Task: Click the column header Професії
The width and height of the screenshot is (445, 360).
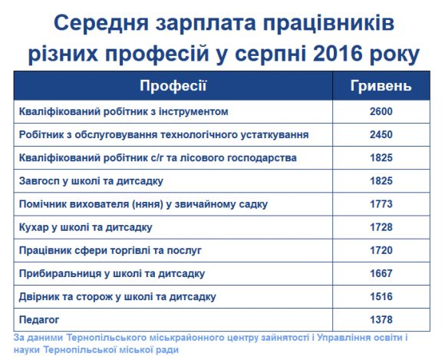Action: click(x=173, y=85)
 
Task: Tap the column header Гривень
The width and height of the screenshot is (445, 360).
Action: click(x=381, y=85)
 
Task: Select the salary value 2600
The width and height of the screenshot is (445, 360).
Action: click(x=381, y=111)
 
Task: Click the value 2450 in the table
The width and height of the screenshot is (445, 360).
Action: click(x=381, y=134)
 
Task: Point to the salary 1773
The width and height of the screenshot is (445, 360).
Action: click(x=381, y=204)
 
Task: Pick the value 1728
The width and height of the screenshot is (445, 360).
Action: click(x=381, y=227)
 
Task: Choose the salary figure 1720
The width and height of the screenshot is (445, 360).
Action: click(x=381, y=250)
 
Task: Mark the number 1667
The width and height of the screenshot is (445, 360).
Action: click(x=381, y=274)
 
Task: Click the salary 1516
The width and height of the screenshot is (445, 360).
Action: click(x=381, y=297)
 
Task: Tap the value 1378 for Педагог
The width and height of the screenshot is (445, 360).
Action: click(x=381, y=320)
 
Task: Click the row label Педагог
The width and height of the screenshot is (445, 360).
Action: click(x=39, y=320)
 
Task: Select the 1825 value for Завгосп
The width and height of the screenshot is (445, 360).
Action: click(x=381, y=181)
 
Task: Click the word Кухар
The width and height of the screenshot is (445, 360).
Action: click(x=34, y=228)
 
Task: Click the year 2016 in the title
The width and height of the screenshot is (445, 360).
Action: click(x=338, y=54)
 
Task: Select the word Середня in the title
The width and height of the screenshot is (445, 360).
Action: click(x=101, y=23)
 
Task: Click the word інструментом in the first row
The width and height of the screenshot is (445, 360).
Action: click(x=193, y=112)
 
